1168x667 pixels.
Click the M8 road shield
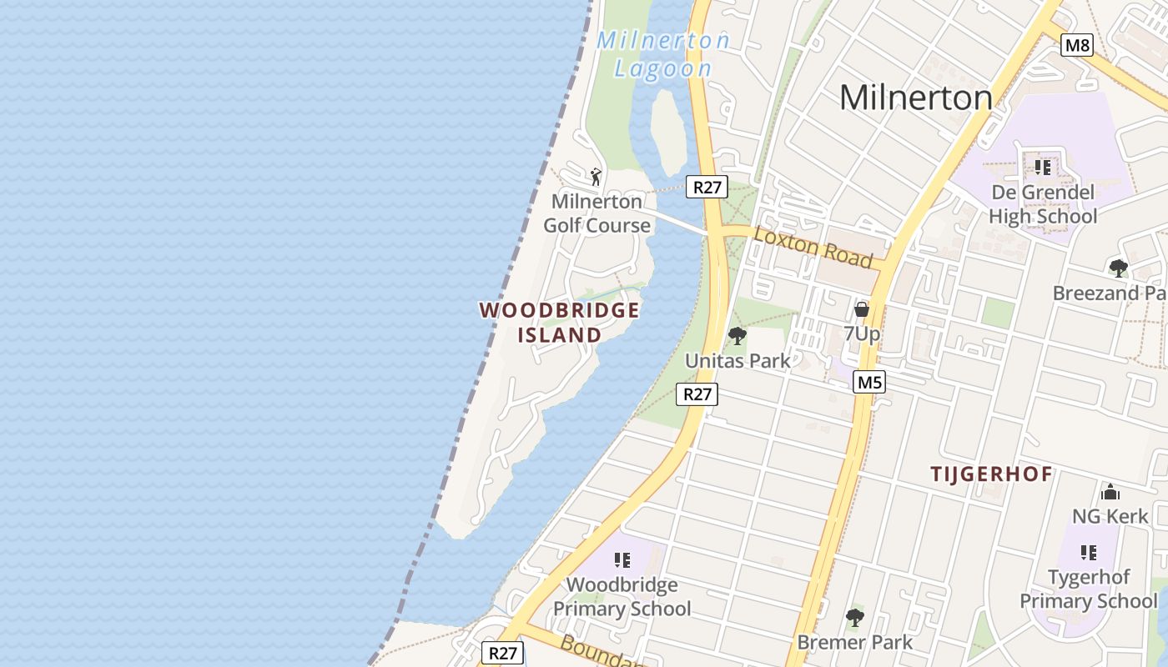pyautogui.click(x=1076, y=45)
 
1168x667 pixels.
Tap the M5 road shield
pyautogui.click(x=869, y=383)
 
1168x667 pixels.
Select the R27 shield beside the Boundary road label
pyautogui.click(x=502, y=653)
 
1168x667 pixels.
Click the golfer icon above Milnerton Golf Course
pyautogui.click(x=596, y=177)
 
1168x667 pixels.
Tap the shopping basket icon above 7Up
pyautogui.click(x=862, y=309)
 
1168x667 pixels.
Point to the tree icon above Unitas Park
pyautogui.click(x=737, y=336)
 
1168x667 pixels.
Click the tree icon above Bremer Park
pyautogui.click(x=854, y=618)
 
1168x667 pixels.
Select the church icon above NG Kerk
pyautogui.click(x=1110, y=492)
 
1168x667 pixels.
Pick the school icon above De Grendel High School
pyautogui.click(x=1042, y=168)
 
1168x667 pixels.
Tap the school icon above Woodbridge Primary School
pyautogui.click(x=622, y=560)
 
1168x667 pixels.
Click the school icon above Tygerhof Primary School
pyautogui.click(x=1088, y=553)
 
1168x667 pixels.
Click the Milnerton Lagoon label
pyautogui.click(x=663, y=54)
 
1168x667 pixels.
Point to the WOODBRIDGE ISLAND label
pyautogui.click(x=559, y=323)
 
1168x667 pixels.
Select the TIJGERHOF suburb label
pyautogui.click(x=991, y=474)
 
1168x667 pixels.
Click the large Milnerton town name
pyautogui.click(x=915, y=98)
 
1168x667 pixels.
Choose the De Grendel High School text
pyautogui.click(x=1043, y=204)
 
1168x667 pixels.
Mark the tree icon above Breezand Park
pyautogui.click(x=1118, y=268)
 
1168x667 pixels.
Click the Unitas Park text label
pyautogui.click(x=737, y=361)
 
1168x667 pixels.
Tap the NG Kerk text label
pyautogui.click(x=1110, y=516)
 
